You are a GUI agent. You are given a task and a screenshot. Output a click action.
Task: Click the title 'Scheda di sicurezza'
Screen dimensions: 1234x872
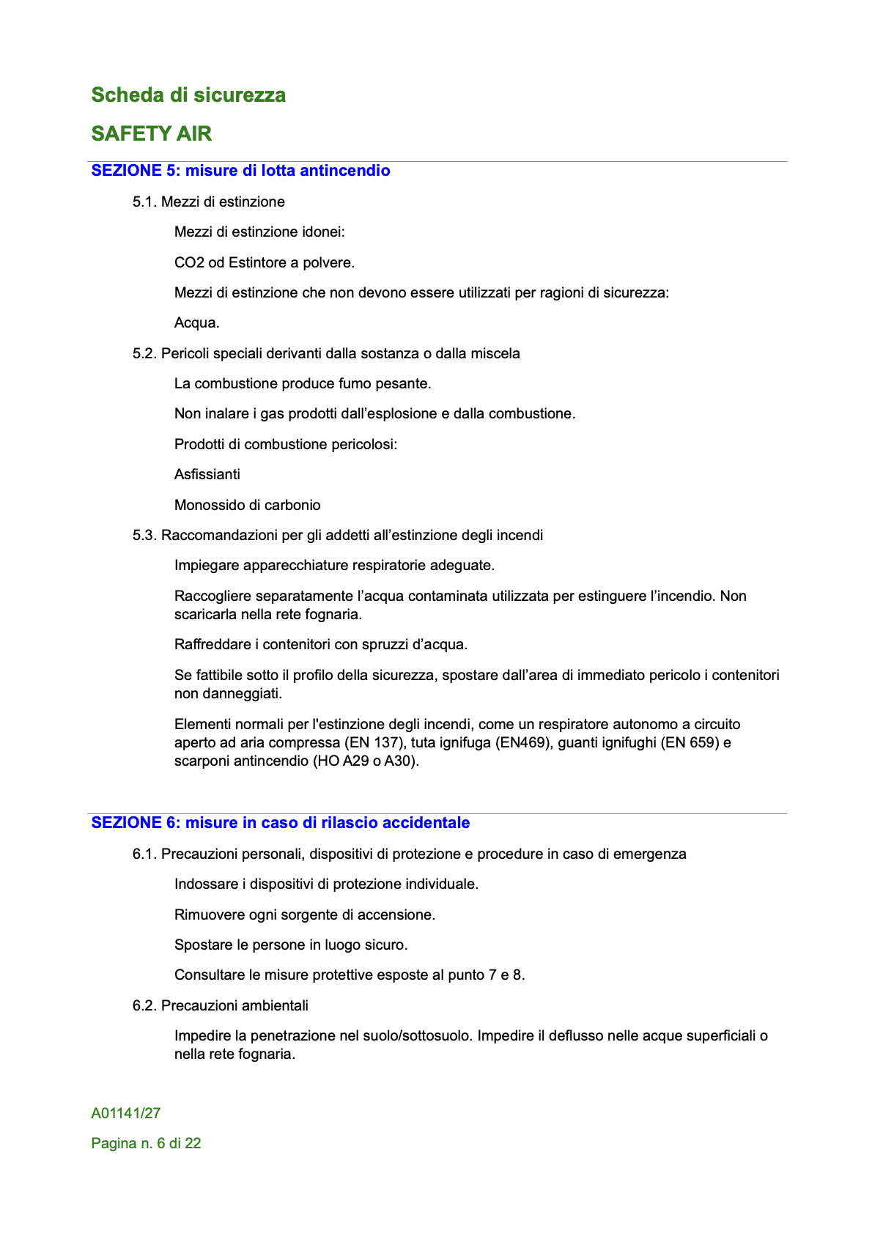[188, 95]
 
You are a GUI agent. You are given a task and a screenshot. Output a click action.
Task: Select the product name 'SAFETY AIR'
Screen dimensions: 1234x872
[152, 133]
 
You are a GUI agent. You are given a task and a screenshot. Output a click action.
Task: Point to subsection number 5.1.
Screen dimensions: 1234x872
[144, 202]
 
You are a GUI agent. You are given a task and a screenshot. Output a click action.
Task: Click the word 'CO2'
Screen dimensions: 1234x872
[189, 262]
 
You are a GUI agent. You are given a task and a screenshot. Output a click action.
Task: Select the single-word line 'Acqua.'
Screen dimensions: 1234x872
[197, 322]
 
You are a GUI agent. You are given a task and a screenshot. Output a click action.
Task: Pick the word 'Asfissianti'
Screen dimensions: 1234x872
[207, 474]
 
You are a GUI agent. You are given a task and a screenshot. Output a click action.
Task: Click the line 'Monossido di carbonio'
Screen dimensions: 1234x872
[248, 505]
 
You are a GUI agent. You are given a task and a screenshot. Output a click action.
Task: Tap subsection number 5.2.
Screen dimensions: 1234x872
[144, 353]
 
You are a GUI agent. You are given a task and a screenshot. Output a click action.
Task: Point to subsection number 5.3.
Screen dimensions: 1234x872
[144, 535]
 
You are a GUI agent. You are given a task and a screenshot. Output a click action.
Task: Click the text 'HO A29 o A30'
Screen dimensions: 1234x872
[366, 761]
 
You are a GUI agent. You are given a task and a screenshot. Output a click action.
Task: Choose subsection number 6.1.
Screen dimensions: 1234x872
[144, 854]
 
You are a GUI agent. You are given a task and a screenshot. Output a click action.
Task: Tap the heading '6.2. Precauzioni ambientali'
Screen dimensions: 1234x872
[221, 1005]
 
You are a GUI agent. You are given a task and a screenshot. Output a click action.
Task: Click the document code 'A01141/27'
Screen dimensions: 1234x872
[126, 1113]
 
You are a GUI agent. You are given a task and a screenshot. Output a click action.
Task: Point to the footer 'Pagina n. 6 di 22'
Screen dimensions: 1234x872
[147, 1143]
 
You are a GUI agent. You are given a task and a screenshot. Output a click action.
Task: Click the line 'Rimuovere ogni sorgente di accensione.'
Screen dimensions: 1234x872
[305, 915]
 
